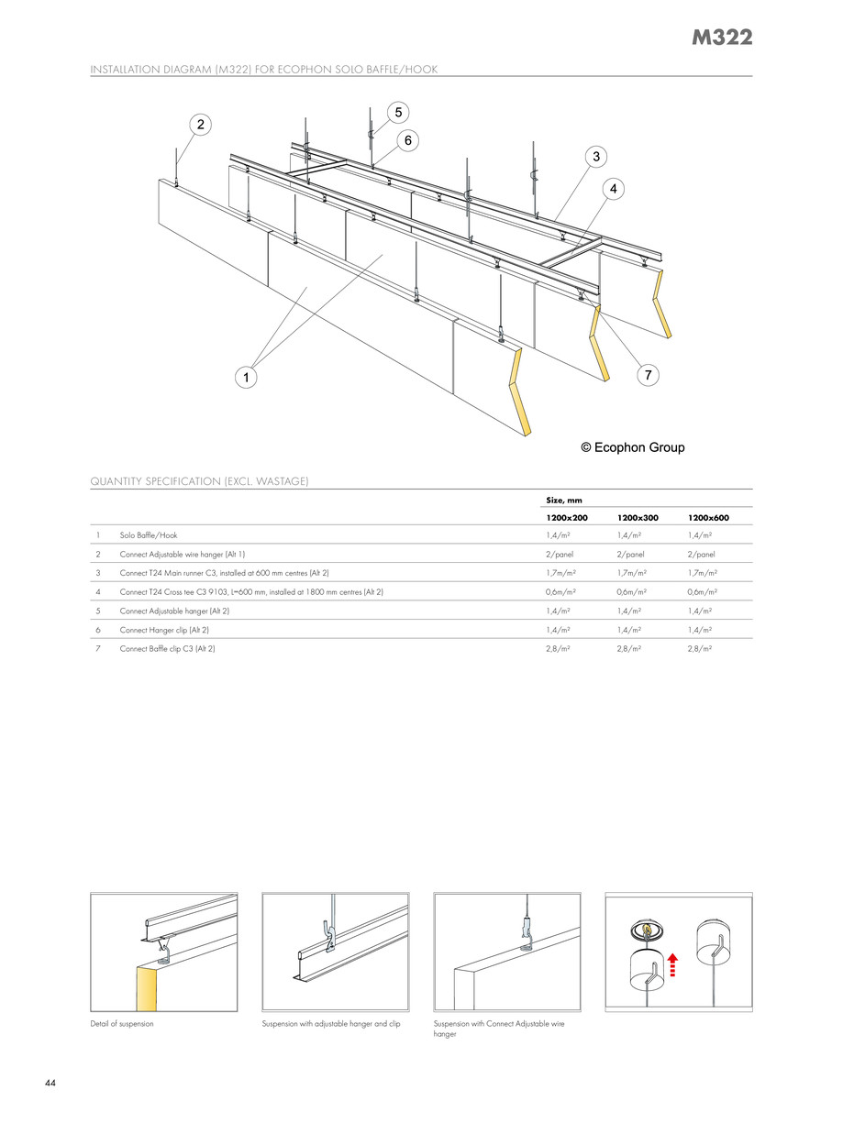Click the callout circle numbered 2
coord(201,124)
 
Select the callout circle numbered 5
coord(398,112)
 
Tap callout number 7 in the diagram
coord(648,375)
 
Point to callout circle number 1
coord(245,376)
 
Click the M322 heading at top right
coord(722,38)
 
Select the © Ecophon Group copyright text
coord(633,448)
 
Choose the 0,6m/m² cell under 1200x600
coord(702,591)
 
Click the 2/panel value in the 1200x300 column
coord(631,554)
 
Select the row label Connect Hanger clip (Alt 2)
coord(168,630)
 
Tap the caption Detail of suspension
coord(122,1023)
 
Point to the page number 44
coord(50,1084)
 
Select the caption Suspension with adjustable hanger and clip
coord(331,1023)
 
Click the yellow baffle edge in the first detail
coord(146,987)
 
